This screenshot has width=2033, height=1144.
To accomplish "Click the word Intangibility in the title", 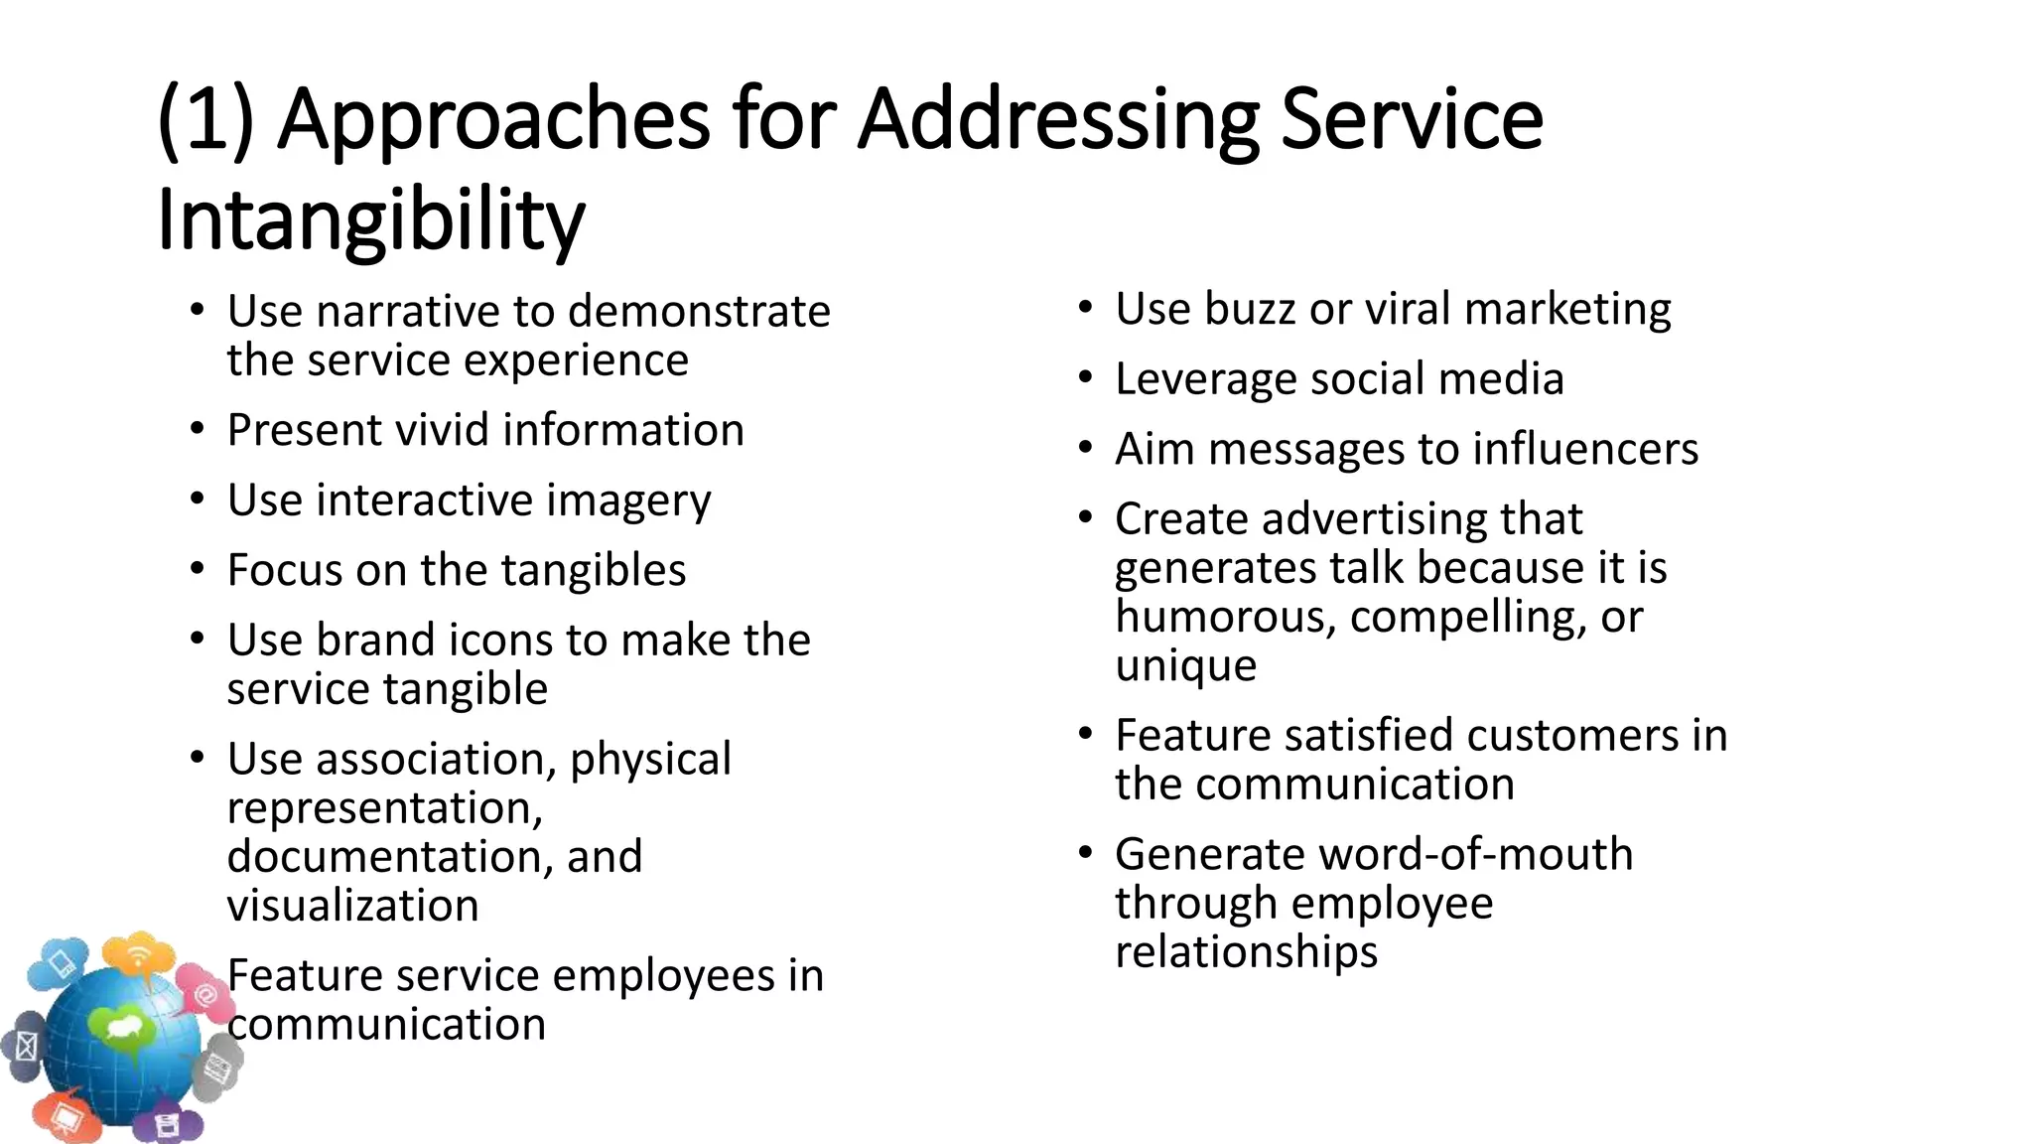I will pos(370,219).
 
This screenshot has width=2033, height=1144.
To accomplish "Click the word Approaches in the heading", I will pos(493,119).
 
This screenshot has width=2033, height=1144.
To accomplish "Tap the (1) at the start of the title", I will pos(206,119).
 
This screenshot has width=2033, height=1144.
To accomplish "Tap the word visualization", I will pos(352,906).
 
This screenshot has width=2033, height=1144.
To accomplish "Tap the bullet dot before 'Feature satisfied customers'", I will pos(1086,735).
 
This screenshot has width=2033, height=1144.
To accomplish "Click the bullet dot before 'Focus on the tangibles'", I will pos(198,570).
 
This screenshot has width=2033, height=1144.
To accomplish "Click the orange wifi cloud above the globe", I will pos(139,955).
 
